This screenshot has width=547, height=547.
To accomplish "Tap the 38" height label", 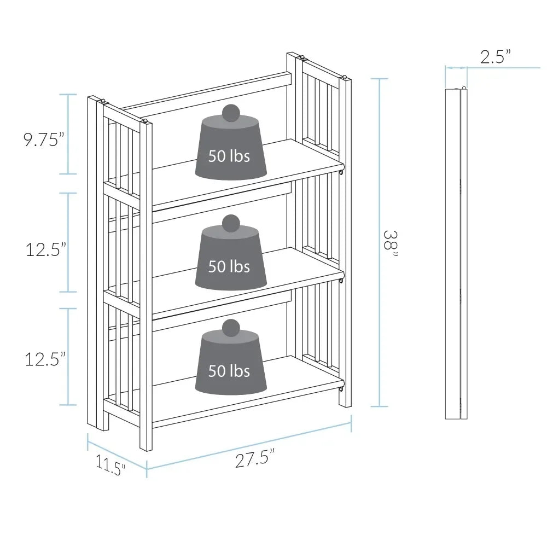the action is [391, 244].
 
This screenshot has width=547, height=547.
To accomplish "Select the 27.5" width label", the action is [255, 458].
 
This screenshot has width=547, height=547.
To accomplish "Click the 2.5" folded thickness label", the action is [496, 57].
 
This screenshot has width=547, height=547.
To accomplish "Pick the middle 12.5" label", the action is [46, 249].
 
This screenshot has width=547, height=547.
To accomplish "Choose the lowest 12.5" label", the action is [45, 359].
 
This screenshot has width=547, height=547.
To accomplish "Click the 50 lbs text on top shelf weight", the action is [229, 155].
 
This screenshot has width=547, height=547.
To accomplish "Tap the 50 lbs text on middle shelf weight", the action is [229, 266].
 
